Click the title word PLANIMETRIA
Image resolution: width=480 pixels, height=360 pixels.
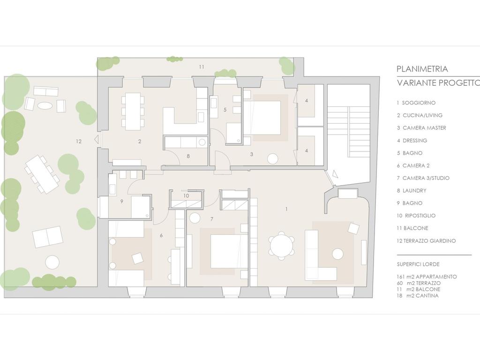[422, 69]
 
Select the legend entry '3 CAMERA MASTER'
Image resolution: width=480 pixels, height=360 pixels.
[421, 128]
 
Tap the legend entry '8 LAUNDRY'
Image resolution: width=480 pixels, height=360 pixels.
[412, 190]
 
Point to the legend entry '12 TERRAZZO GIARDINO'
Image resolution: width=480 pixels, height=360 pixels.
[426, 240]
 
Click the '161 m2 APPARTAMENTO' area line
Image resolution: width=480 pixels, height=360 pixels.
[427, 277]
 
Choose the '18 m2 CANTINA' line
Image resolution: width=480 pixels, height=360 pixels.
[418, 296]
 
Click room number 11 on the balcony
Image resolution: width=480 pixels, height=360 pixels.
[202, 67]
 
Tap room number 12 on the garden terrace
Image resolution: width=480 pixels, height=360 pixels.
[79, 142]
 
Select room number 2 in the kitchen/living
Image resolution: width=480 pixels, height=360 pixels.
[140, 142]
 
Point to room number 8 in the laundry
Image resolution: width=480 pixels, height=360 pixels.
[188, 156]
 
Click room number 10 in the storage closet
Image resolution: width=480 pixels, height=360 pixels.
[186, 196]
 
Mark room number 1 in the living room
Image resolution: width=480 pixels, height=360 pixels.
[286, 209]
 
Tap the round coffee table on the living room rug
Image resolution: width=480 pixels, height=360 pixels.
[338, 254]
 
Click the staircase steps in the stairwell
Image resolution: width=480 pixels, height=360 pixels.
[360, 132]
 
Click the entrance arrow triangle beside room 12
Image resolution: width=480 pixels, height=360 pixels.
[96, 139]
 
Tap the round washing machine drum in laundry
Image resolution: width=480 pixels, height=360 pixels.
[202, 142]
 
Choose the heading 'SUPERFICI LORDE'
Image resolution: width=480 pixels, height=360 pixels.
[418, 264]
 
